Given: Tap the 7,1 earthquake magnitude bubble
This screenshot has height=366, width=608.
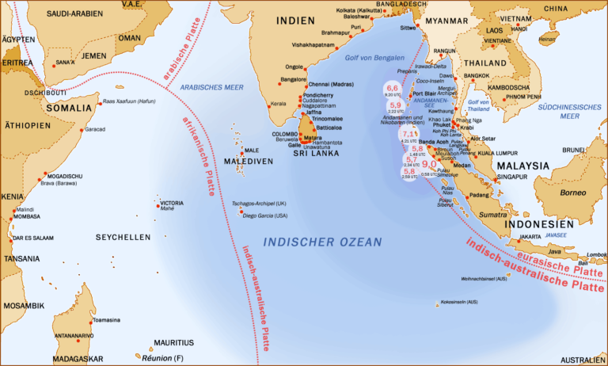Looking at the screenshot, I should pyautogui.click(x=409, y=135).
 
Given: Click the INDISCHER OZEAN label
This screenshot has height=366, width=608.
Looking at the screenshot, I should pyautogui.click(x=322, y=242).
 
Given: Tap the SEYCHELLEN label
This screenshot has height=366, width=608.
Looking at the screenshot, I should pyautogui.click(x=123, y=237).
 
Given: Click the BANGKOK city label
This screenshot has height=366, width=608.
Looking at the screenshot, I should pyautogui.click(x=477, y=75).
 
